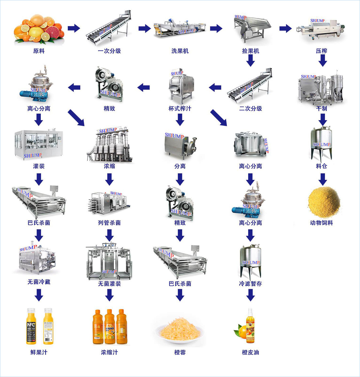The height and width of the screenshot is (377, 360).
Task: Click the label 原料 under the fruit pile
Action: tap(39, 51)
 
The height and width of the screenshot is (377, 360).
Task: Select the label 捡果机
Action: tap(250, 51)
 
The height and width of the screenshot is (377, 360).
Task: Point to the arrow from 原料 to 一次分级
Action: tap(74, 28)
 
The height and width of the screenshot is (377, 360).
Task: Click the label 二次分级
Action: tap(250, 108)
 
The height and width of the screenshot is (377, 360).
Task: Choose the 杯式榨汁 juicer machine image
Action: tap(180, 86)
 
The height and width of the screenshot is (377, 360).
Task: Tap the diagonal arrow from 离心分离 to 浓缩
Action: tap(76, 118)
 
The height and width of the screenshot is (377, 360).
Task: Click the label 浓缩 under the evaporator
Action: tap(109, 166)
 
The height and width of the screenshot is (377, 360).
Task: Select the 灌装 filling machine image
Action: tap(39, 144)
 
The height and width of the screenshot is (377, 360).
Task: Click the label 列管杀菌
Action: tap(109, 223)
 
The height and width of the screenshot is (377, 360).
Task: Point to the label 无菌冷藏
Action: tap(39, 282)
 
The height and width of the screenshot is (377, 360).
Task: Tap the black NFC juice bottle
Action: tap(31, 326)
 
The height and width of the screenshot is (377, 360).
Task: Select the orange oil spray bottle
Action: tap(250, 326)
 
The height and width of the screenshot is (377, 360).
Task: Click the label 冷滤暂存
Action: tap(250, 284)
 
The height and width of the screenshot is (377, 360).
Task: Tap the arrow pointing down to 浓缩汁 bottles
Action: tap(110, 295)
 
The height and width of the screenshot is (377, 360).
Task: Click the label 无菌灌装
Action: tap(109, 284)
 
